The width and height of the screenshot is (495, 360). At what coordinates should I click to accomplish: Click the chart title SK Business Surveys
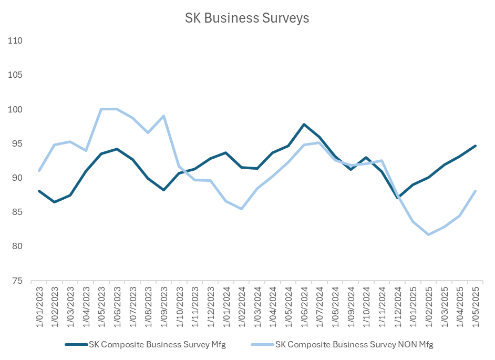[x=247, y=18]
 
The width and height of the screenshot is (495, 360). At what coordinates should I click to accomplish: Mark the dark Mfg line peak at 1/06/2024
[x=304, y=125]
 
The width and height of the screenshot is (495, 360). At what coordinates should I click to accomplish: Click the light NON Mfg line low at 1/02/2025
[x=429, y=234]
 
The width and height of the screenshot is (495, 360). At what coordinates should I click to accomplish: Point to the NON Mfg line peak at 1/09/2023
[x=164, y=116]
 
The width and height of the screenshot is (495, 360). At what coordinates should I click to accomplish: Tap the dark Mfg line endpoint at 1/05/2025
[x=476, y=146]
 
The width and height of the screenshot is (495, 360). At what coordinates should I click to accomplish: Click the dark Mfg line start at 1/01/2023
[x=39, y=191]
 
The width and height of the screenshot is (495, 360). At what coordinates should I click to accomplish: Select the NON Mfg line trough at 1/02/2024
[x=242, y=209]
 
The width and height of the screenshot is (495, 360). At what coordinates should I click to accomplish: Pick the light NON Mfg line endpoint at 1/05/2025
[x=476, y=191]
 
